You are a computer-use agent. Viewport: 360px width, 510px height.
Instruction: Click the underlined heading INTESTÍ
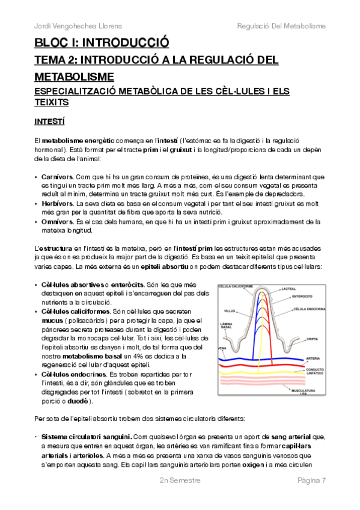click(49, 121)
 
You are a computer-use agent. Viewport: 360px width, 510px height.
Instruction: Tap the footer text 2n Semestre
click(180, 481)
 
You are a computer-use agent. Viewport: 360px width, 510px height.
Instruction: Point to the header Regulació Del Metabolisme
click(281, 26)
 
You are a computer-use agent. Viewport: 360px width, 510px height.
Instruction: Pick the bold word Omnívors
click(57, 222)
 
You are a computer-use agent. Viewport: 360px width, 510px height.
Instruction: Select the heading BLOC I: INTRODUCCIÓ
click(101, 43)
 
